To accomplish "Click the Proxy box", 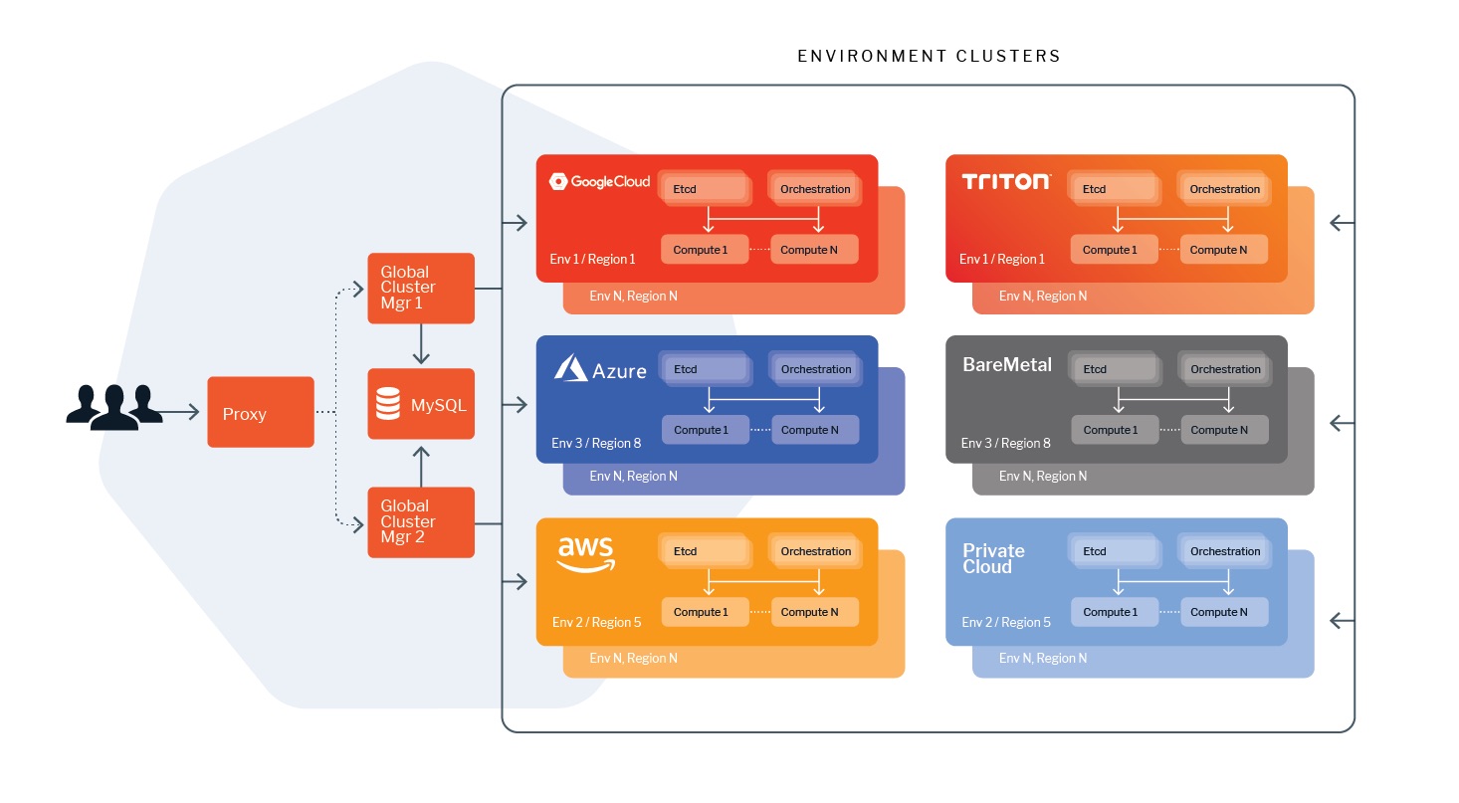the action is tap(261, 412).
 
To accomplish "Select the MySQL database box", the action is tap(421, 404).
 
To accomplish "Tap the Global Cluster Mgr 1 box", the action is tap(421, 288).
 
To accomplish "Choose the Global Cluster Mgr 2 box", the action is tap(421, 522).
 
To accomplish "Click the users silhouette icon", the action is tap(114, 408).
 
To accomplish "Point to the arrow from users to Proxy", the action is tap(180, 412).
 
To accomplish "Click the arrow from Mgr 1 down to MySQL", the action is tap(421, 344).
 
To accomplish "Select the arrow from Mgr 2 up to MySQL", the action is tap(421, 467).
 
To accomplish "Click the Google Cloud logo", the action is tap(599, 182).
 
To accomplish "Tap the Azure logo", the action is tap(600, 368).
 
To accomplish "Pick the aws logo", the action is tap(586, 554).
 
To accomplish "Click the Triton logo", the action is tap(1006, 182).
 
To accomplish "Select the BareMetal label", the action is tap(1007, 365).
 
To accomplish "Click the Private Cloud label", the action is tap(993, 559).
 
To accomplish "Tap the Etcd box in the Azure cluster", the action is tap(704, 369).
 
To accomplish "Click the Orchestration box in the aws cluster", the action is tap(815, 551).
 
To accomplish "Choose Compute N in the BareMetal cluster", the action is tap(1224, 430).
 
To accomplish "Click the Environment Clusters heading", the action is tap(930, 56).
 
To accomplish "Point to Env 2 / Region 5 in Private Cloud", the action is tap(1006, 622).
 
